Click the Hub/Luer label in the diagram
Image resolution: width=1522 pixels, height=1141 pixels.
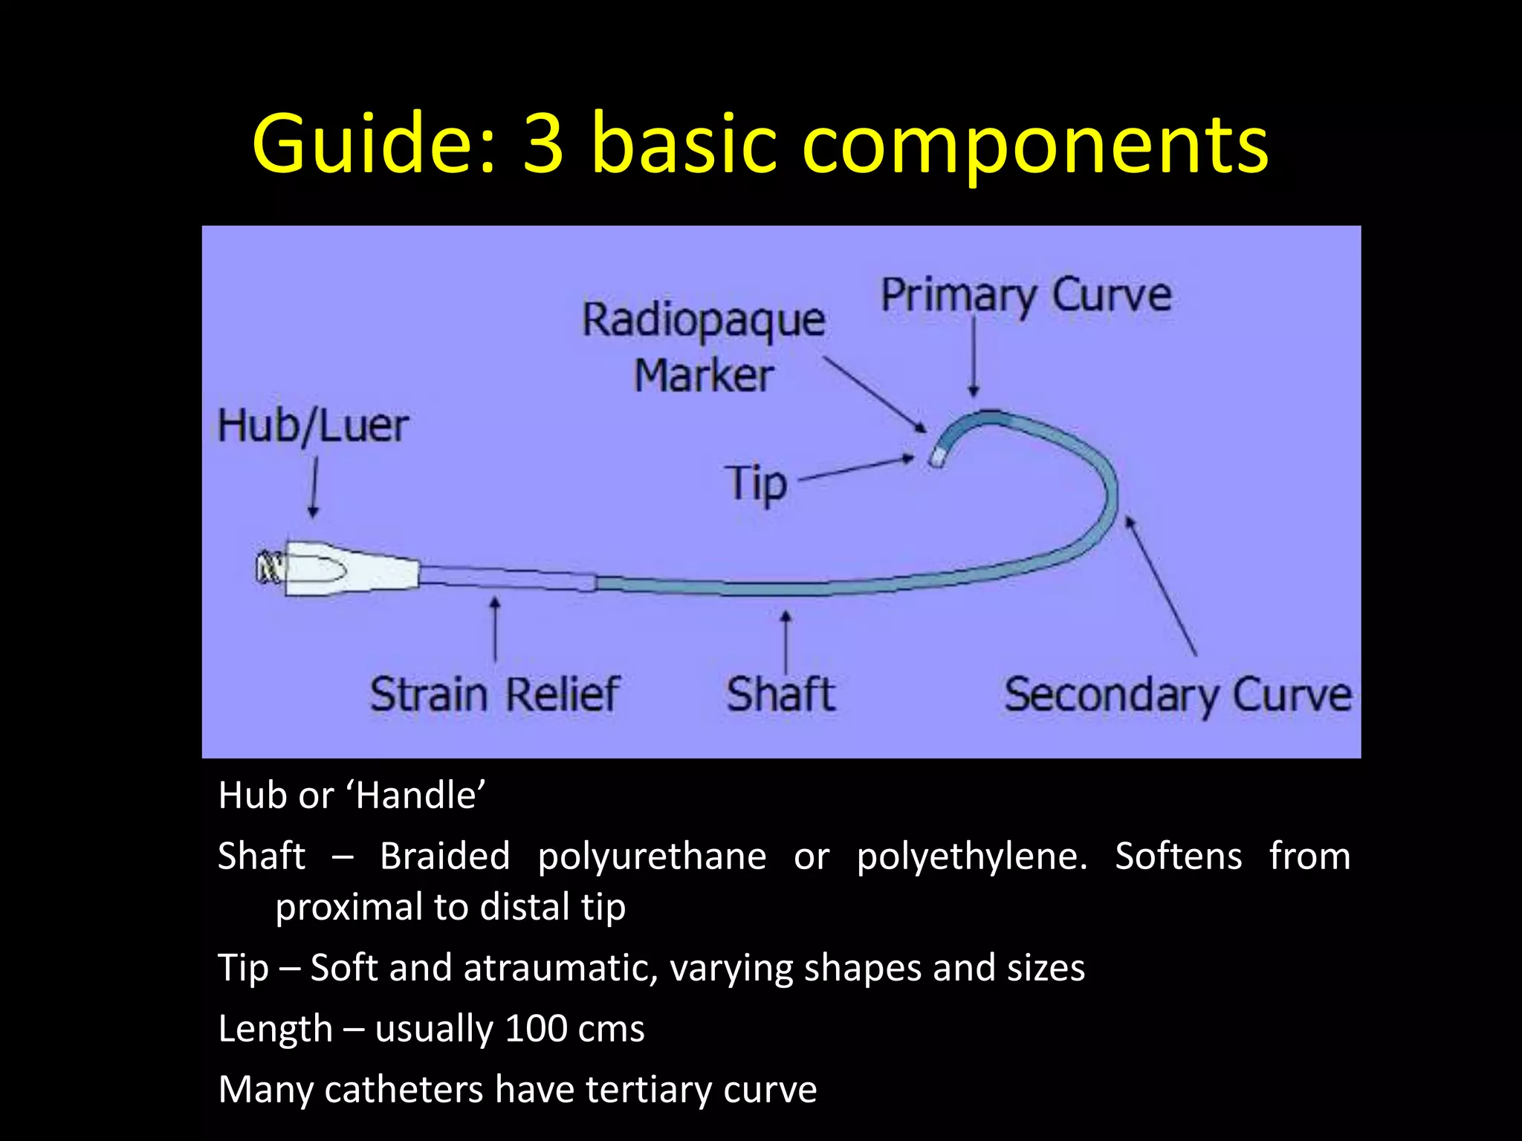(x=313, y=426)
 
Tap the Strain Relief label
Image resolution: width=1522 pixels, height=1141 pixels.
(x=494, y=695)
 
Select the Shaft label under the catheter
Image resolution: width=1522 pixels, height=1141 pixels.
(x=780, y=695)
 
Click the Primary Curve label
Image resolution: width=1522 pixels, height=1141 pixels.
(x=1026, y=296)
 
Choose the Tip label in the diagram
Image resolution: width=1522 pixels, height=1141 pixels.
(x=756, y=484)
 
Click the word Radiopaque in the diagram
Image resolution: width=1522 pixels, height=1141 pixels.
(x=703, y=321)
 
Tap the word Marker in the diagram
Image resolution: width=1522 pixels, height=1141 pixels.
(x=704, y=376)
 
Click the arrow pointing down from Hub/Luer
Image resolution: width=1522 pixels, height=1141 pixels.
(x=314, y=487)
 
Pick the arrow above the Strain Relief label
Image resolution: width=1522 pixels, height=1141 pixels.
(x=495, y=628)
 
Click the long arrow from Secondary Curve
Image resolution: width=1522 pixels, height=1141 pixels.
(x=1162, y=586)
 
